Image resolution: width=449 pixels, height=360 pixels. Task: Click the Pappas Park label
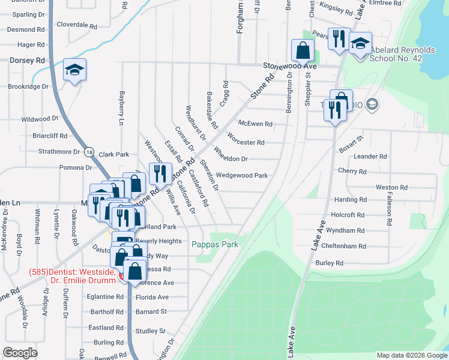pyautogui.click(x=215, y=244)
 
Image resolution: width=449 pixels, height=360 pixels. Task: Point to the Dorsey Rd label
pyautogui.click(x=27, y=61)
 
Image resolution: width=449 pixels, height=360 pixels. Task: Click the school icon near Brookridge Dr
pyautogui.click(x=75, y=71)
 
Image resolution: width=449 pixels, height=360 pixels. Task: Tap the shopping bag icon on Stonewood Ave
pyautogui.click(x=303, y=50)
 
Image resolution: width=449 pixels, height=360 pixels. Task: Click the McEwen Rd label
pyautogui.click(x=255, y=124)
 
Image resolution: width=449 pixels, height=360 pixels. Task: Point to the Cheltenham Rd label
pyautogui.click(x=344, y=247)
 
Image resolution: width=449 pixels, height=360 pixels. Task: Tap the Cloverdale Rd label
pyautogui.click(x=76, y=26)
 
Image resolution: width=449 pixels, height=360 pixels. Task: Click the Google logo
pyautogui.click(x=20, y=352)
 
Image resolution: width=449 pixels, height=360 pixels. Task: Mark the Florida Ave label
pyautogui.click(x=152, y=297)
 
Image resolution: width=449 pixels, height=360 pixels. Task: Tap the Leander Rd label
pyautogui.click(x=370, y=157)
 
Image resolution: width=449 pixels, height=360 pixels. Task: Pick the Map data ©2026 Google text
pyautogui.click(x=411, y=355)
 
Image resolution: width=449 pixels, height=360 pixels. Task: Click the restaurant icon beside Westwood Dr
pyautogui.click(x=160, y=175)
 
